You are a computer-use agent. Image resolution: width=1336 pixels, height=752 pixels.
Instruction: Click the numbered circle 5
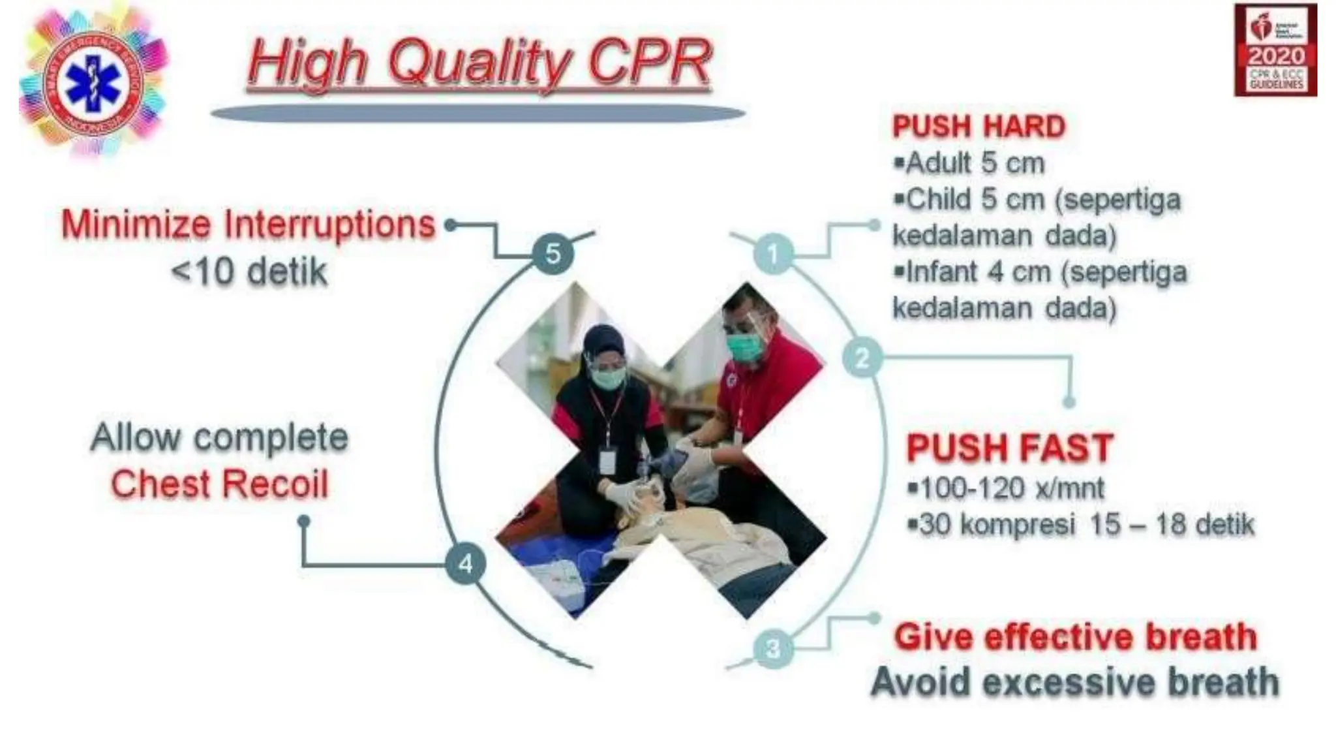tap(553, 254)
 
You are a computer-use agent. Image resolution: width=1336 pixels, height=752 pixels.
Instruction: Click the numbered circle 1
tap(773, 253)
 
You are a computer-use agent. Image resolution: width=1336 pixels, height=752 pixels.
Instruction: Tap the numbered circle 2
tap(862, 358)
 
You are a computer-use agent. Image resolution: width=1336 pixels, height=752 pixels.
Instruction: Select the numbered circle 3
tap(773, 649)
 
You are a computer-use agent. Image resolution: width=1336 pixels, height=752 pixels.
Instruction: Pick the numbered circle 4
tap(465, 563)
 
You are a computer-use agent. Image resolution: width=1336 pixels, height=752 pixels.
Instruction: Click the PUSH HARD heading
tap(979, 127)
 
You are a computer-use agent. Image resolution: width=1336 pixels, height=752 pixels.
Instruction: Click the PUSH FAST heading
tap(1009, 448)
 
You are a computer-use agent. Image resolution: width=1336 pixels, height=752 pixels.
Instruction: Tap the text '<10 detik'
tap(249, 272)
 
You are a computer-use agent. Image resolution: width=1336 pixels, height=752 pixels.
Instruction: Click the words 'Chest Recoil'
tap(220, 484)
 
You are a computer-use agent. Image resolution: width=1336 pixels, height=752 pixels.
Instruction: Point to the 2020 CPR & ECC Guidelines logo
tap(1275, 50)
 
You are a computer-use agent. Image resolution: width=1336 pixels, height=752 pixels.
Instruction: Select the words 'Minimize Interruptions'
tap(248, 225)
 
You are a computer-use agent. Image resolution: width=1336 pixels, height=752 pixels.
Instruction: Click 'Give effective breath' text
tap(1075, 637)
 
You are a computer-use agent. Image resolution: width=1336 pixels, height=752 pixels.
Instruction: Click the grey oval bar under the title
tap(478, 114)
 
